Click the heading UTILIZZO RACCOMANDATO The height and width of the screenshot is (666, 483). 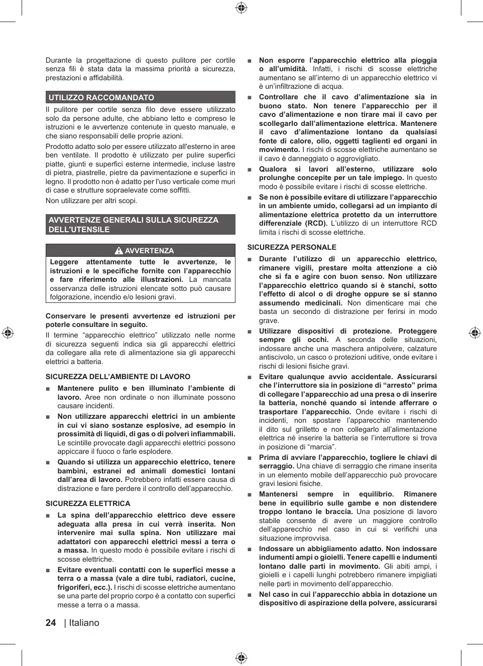click(101, 98)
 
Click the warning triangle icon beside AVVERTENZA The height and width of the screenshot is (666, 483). click(118, 251)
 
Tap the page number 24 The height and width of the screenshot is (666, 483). click(51, 623)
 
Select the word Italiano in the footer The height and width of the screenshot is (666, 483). click(84, 623)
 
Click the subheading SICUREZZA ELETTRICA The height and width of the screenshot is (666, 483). click(88, 504)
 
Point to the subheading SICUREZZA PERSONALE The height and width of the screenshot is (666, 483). click(292, 247)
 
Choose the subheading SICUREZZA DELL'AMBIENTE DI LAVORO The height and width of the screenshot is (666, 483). click(118, 377)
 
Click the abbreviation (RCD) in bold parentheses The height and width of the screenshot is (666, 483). click(316, 224)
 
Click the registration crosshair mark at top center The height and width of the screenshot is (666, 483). click(241, 8)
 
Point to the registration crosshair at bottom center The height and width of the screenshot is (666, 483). click(241, 657)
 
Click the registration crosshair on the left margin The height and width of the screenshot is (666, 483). click(8, 333)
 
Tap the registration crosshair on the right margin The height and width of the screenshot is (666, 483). click(474, 333)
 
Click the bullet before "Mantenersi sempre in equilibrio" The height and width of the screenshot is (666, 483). click(250, 494)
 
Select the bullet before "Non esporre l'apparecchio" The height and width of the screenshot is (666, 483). click(250, 61)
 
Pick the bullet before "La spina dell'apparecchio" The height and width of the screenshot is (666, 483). click(48, 516)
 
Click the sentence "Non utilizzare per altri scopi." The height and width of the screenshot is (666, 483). click(91, 201)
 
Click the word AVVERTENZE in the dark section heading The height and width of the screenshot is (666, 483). click(74, 220)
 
